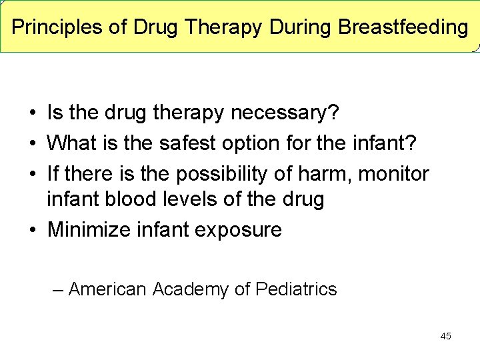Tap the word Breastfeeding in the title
pos(403,27)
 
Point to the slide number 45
pos(445,336)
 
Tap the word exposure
pos(239,230)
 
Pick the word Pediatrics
pos(296,289)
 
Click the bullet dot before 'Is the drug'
pos(32,114)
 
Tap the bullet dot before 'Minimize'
pos(32,231)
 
